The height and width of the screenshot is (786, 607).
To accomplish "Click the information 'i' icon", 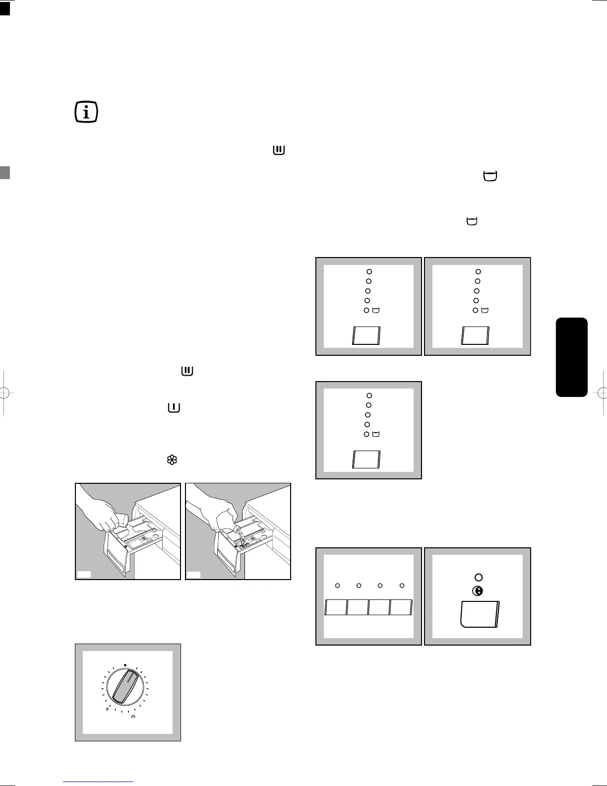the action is point(86,112).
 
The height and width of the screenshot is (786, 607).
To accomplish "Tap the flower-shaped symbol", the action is point(172,460).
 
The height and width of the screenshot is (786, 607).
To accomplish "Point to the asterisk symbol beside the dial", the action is point(107,710).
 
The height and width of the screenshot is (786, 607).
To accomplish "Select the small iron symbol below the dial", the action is point(133,717).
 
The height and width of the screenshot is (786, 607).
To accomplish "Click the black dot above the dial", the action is point(125,665).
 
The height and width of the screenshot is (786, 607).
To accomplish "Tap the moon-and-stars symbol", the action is point(478,591).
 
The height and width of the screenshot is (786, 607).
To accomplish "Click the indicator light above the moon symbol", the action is point(478,578).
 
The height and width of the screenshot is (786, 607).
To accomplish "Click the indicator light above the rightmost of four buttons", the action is point(402,586).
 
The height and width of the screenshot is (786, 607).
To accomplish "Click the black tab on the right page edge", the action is point(572,357).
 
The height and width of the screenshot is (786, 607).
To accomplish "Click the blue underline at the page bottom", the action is point(99,782).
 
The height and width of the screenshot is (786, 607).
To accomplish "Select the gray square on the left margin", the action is point(5,172).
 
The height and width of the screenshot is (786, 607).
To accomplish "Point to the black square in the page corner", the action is point(4,8).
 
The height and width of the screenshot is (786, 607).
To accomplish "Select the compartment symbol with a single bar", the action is point(174,408).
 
